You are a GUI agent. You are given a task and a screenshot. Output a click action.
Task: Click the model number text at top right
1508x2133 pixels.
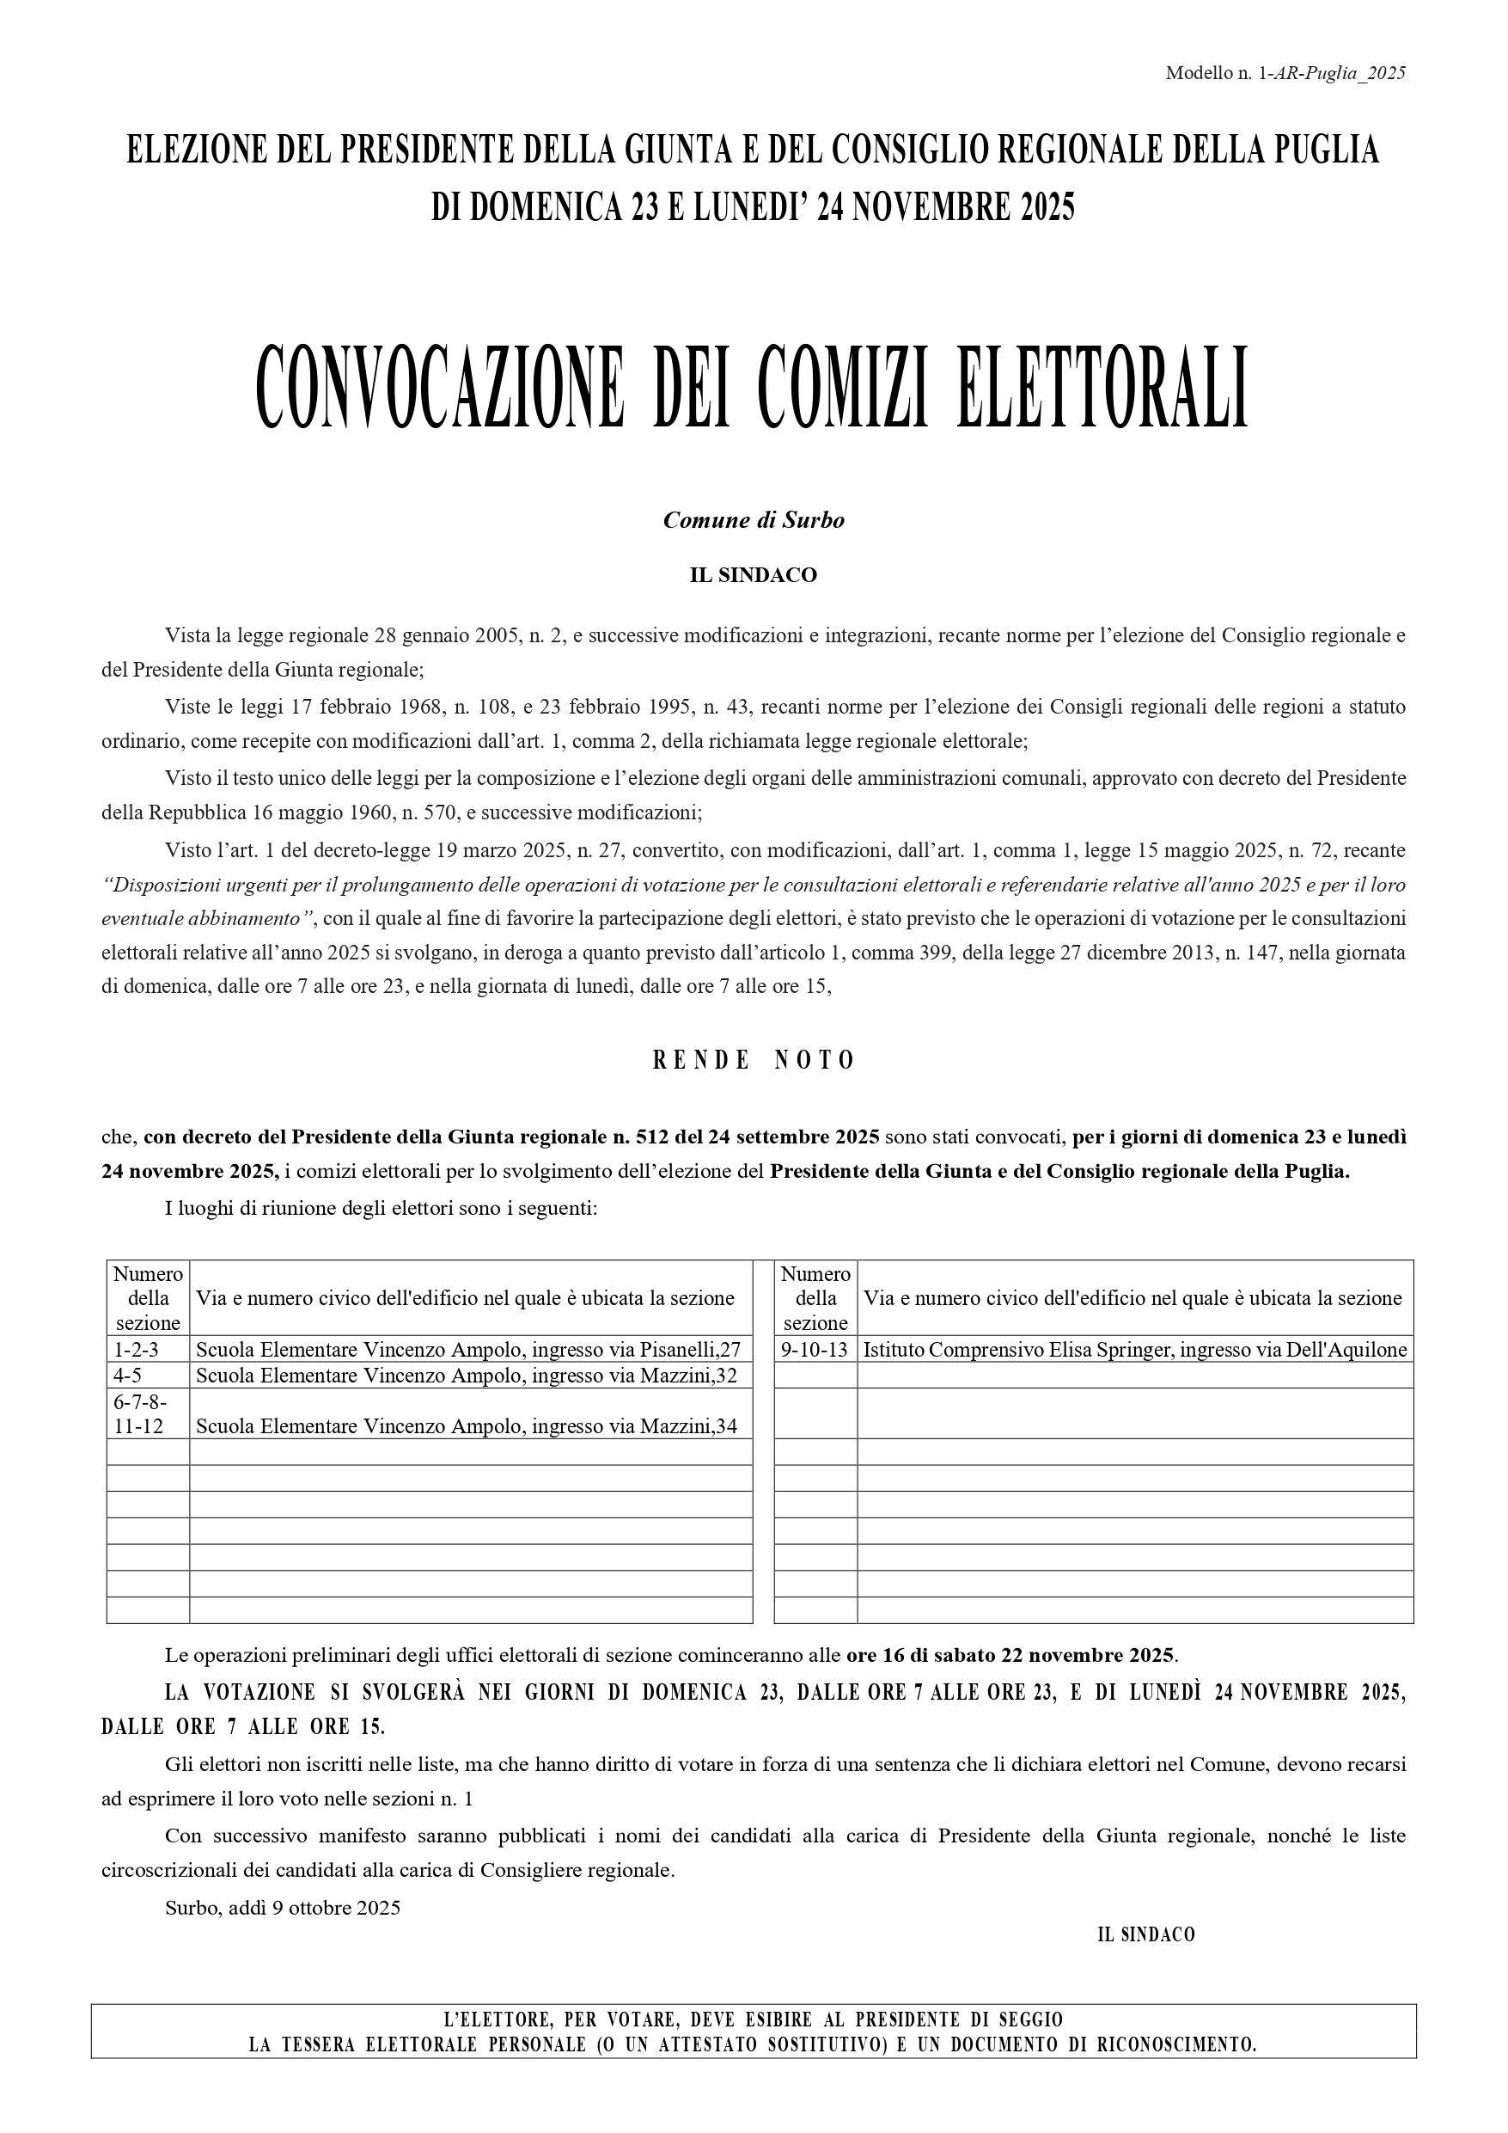1285,73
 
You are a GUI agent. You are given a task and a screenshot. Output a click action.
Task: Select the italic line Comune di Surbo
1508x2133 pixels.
753,520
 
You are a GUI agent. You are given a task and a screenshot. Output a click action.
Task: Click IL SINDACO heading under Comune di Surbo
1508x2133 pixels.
753,575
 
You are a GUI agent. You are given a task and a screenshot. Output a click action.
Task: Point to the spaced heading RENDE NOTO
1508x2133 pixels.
753,1061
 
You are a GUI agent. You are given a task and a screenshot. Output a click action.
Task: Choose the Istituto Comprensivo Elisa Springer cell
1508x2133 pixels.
1135,1350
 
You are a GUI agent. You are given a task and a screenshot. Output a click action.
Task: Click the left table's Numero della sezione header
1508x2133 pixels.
148,1298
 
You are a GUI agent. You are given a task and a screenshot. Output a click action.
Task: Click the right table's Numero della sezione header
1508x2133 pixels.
815,1298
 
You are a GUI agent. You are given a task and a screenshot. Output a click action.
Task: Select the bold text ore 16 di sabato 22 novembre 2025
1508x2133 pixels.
1010,1656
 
